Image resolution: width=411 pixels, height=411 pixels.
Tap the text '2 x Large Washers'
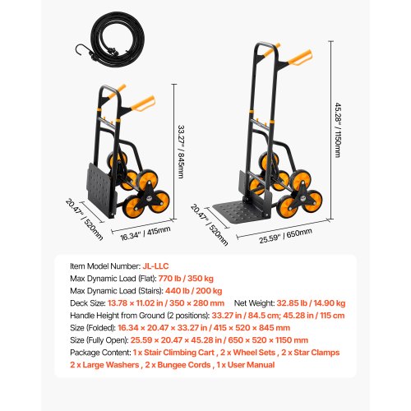102,364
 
